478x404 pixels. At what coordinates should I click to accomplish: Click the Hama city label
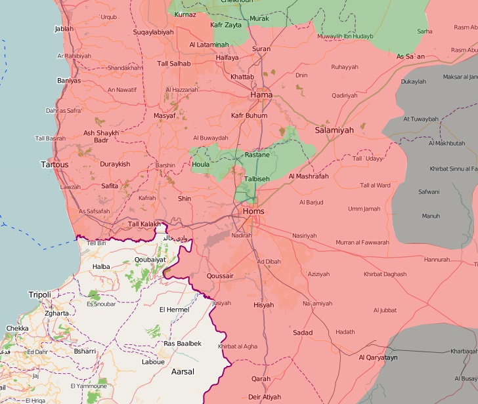[x=261, y=95]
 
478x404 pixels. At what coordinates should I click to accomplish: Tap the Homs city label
[x=253, y=212]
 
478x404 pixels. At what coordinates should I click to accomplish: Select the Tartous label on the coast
[x=54, y=164]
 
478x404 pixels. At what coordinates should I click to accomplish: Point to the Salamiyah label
[x=334, y=131]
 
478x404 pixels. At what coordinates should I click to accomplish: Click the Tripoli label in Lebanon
[x=39, y=295]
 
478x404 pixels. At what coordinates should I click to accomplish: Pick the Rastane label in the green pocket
[x=257, y=155]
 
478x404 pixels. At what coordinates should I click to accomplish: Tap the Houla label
[x=201, y=165]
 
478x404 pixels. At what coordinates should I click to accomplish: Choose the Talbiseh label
[x=257, y=178]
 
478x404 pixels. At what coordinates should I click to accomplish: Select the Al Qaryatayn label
[x=378, y=357]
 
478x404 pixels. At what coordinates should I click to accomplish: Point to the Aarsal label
[x=183, y=372]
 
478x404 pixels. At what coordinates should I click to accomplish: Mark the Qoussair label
[x=220, y=276]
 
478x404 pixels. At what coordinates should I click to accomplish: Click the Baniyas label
[x=69, y=81]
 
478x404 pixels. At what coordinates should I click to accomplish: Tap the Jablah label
[x=64, y=29]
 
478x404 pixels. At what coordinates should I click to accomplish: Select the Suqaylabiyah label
[x=153, y=31]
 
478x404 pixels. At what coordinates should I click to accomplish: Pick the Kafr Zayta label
[x=226, y=25]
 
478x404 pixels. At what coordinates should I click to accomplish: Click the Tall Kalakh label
[x=144, y=224]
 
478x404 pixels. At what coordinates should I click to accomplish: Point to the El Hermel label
[x=175, y=310]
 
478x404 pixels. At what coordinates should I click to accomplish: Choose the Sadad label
[x=303, y=333]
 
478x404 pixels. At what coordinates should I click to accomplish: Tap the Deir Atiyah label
[x=265, y=397]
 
